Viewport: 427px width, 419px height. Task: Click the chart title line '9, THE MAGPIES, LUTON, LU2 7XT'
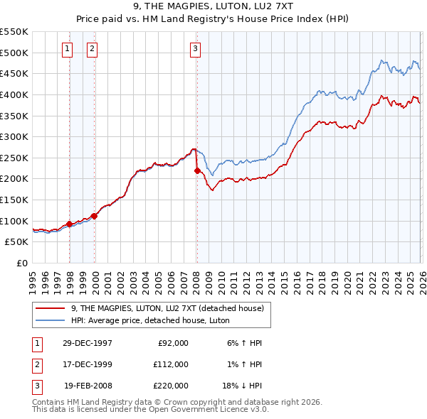tap(213, 7)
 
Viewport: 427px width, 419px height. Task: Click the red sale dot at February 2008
tap(197, 170)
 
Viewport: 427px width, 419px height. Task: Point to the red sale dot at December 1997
tap(70, 224)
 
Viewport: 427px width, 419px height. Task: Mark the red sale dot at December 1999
tap(95, 216)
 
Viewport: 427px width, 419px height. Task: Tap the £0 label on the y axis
tap(21, 263)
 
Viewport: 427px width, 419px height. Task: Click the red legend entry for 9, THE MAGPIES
tap(167, 308)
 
